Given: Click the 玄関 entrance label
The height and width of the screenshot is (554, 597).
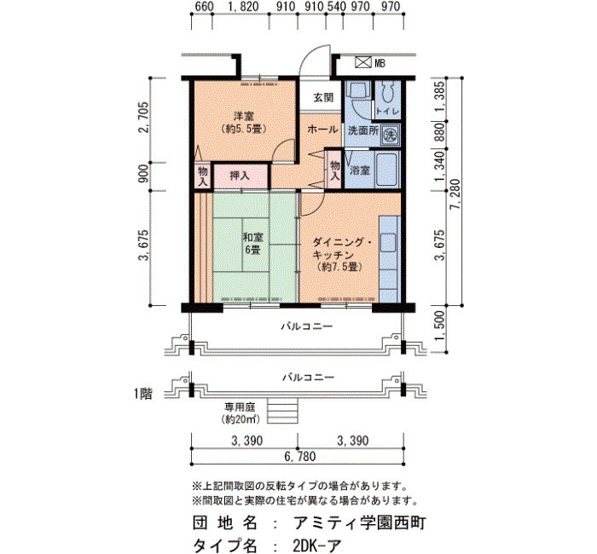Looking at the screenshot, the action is tap(323, 98).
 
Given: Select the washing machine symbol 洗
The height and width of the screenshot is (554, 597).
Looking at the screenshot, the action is tap(390, 135).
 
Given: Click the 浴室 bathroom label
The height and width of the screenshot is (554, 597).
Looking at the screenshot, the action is tap(360, 170).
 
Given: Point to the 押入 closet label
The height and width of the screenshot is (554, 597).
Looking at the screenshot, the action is tap(240, 176).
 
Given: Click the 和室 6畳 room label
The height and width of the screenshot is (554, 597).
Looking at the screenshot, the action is tap(253, 244).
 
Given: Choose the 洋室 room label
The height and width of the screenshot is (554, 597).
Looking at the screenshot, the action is tap(244, 115).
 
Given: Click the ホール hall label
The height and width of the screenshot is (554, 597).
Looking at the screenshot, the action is tap(322, 130).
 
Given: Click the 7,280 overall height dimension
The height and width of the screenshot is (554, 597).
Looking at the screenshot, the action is tap(455, 194).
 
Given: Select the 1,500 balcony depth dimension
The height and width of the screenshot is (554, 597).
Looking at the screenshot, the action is tap(440, 326).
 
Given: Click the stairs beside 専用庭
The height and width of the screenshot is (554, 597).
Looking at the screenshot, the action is tap(282, 411).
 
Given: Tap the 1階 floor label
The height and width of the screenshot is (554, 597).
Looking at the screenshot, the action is tap(143, 394).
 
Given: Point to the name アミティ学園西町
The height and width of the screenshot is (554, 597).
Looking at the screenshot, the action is tap(359, 523).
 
